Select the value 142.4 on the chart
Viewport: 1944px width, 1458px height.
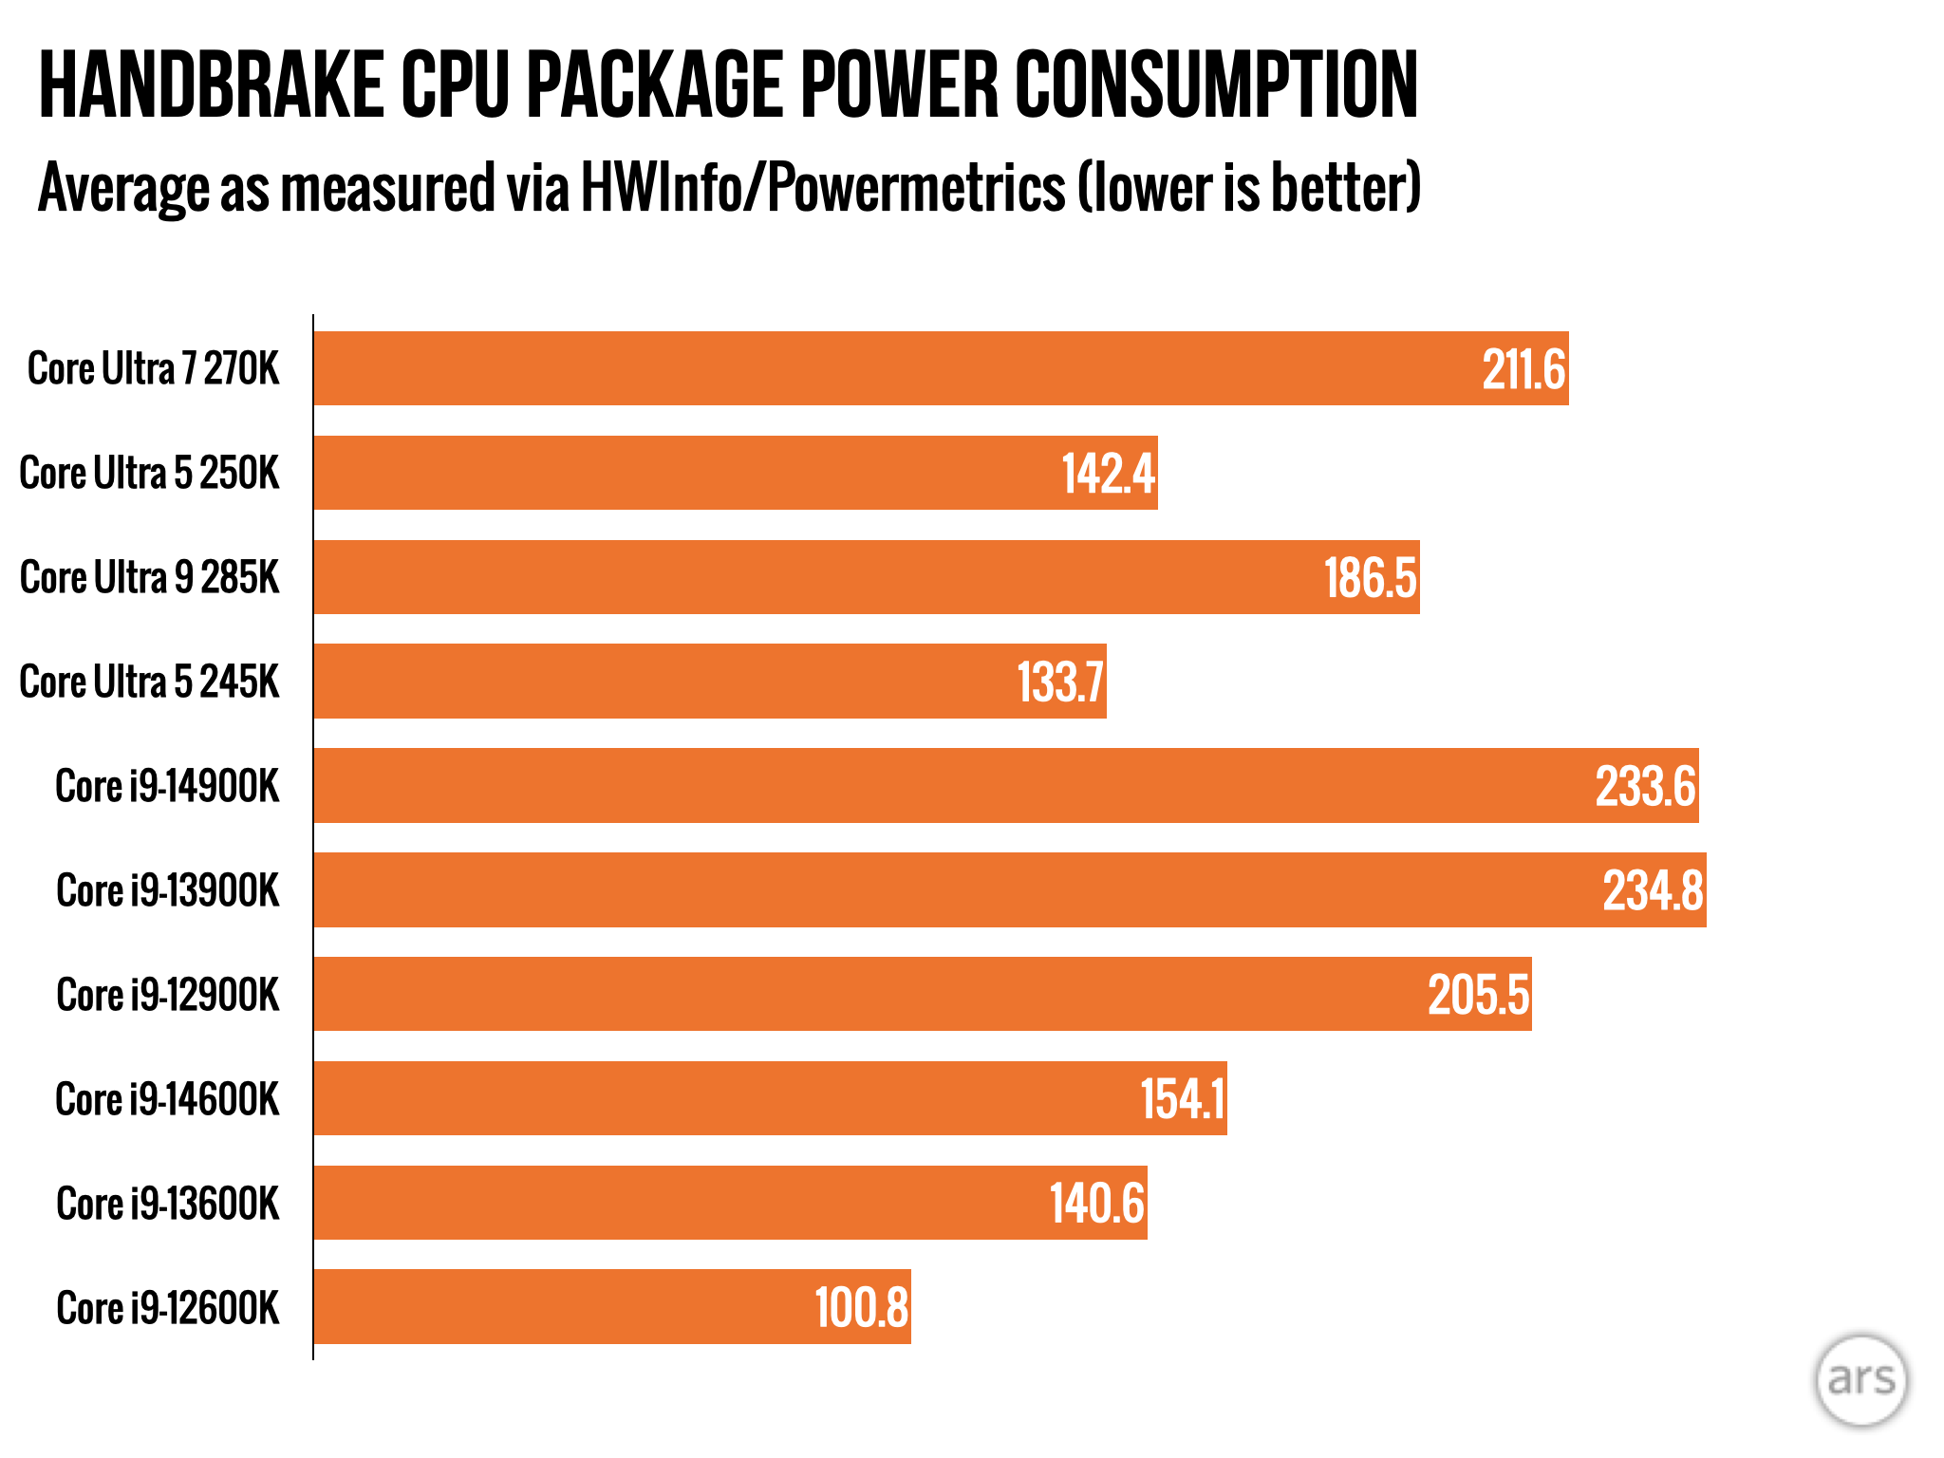click(1108, 474)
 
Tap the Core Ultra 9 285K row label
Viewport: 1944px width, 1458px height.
click(150, 577)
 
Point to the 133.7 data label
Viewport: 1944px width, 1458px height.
click(1060, 682)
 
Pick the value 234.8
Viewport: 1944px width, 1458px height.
click(1653, 890)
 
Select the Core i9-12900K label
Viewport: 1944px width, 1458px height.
click(168, 995)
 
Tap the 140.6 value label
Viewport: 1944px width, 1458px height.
click(1096, 1204)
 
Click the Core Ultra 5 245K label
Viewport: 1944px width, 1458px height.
click(150, 682)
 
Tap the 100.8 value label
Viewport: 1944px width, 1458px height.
click(862, 1307)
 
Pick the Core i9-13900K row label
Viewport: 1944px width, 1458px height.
click(168, 890)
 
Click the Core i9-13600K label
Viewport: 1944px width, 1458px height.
click(168, 1204)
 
